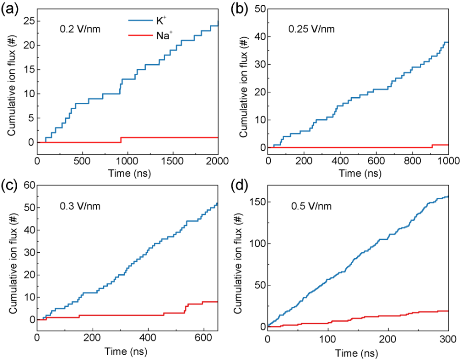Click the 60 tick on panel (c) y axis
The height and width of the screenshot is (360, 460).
28,185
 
